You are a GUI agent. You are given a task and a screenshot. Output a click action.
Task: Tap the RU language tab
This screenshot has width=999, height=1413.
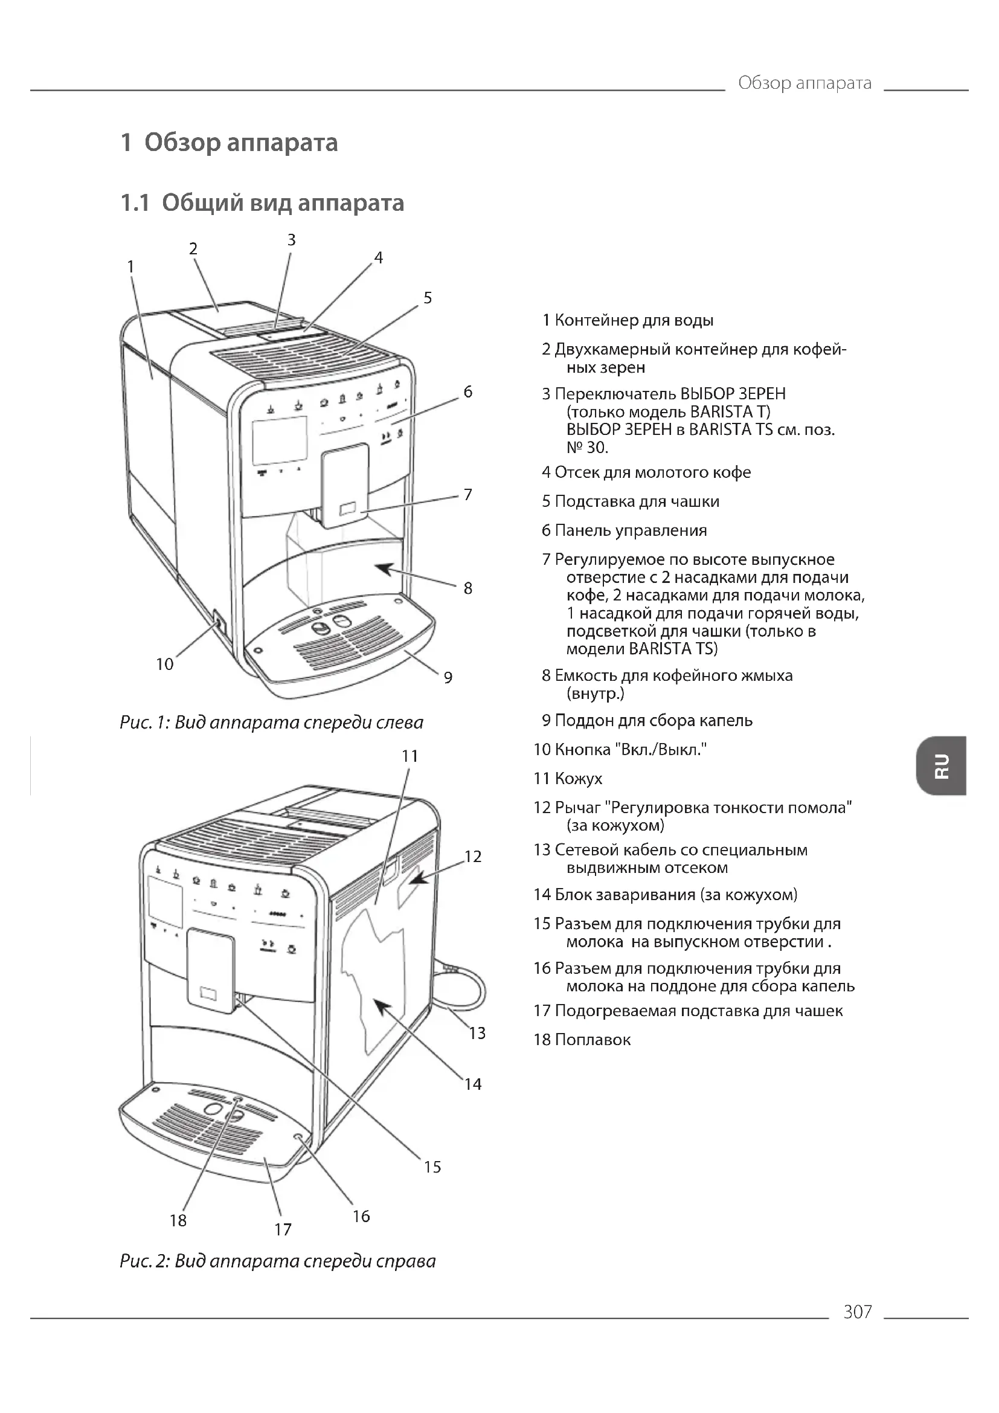pos(940,765)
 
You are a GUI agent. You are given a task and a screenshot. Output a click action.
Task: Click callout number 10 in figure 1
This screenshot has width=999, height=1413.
pos(164,664)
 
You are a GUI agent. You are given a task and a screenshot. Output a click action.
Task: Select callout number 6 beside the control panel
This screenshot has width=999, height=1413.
pos(467,392)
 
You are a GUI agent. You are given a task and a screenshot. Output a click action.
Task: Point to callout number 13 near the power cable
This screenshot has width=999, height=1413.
pos(477,1032)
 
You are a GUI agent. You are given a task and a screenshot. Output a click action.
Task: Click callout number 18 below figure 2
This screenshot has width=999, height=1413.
pos(178,1220)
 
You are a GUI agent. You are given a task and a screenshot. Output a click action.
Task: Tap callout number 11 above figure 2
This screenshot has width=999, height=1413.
pos(410,756)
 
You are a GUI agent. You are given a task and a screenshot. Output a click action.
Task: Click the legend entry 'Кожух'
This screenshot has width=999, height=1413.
pos(577,779)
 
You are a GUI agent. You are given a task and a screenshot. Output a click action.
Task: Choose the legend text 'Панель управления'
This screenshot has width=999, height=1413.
pos(630,530)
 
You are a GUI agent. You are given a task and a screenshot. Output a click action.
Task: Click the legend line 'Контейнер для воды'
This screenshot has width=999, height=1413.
pos(634,320)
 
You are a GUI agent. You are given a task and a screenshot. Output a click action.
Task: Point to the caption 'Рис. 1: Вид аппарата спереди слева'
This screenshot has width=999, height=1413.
pos(271,722)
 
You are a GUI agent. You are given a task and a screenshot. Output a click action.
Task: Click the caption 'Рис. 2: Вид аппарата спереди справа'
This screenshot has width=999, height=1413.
pos(277,1261)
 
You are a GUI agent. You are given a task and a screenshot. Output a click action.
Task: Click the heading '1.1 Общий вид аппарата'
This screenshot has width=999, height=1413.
pos(262,202)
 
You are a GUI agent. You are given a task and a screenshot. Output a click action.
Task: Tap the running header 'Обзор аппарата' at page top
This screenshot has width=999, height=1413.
pos(804,83)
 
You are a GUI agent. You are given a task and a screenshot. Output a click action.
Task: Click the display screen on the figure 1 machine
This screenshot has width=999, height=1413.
pos(279,440)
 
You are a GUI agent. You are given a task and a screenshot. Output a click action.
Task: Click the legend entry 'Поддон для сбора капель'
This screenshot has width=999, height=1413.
pos(653,720)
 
